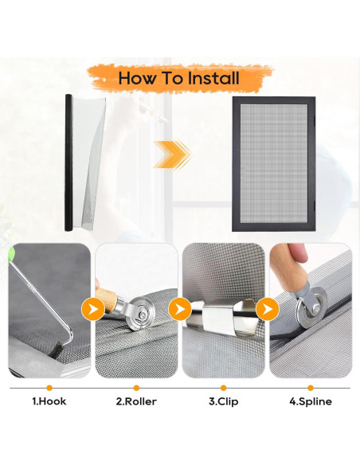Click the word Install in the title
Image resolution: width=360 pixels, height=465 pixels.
(x=213, y=78)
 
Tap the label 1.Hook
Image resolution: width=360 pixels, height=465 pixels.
(x=49, y=401)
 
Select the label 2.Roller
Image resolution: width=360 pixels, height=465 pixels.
(x=136, y=401)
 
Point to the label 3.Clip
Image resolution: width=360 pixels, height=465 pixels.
(x=224, y=401)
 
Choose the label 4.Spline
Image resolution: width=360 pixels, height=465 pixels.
(x=311, y=401)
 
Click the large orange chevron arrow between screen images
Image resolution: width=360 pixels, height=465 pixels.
(x=172, y=155)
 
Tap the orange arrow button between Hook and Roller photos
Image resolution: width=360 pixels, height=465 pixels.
(x=93, y=309)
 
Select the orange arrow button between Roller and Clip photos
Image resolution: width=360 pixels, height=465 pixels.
(x=180, y=309)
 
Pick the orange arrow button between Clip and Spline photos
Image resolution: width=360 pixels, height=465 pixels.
(x=267, y=309)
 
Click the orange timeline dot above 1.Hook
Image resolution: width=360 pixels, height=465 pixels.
(x=49, y=388)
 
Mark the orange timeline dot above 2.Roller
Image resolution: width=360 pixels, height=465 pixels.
(x=136, y=388)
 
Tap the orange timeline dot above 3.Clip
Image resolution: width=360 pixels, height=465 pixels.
(x=224, y=388)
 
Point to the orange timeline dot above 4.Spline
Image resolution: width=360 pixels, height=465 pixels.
(x=311, y=388)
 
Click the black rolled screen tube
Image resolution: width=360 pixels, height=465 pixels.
(x=68, y=162)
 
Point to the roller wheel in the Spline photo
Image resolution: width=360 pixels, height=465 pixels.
(x=311, y=308)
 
